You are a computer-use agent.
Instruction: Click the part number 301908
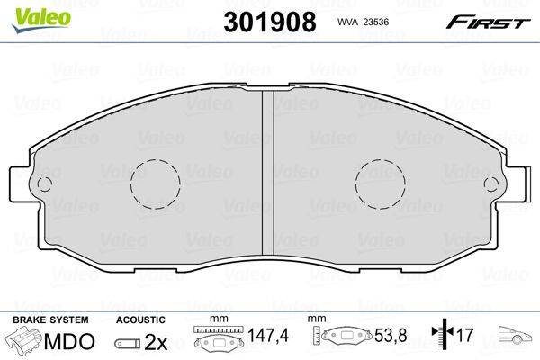270,22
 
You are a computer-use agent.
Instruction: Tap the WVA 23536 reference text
363,22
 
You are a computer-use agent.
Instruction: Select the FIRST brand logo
488,22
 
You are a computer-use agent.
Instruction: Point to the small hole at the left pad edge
44,184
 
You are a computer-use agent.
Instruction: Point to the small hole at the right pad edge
490,184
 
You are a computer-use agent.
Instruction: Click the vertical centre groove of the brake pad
268,172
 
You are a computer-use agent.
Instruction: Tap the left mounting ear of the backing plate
21,184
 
